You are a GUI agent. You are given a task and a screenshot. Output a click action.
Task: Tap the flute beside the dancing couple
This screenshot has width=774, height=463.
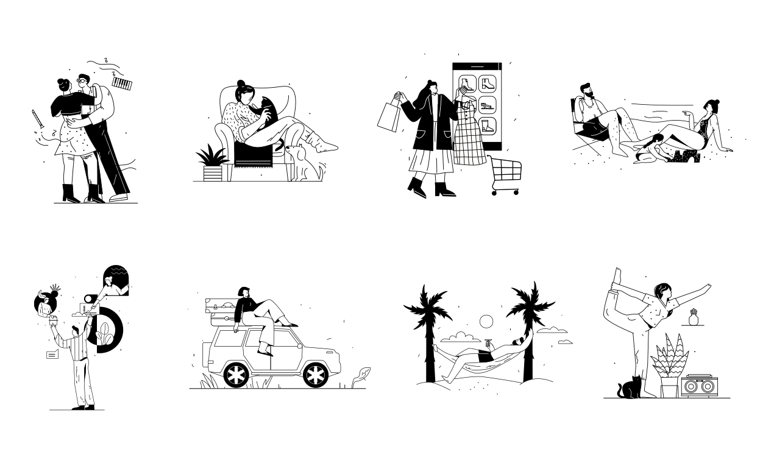pyautogui.click(x=38, y=118)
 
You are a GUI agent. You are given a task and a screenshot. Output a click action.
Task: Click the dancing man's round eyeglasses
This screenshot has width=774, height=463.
pyautogui.click(x=82, y=81)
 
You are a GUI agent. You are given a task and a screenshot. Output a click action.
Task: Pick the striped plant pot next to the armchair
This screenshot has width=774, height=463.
pyautogui.click(x=212, y=173)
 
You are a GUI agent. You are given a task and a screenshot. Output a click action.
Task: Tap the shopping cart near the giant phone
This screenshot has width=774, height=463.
pyautogui.click(x=505, y=176)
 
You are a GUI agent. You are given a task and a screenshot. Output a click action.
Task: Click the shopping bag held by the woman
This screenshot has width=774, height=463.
pyautogui.click(x=388, y=116)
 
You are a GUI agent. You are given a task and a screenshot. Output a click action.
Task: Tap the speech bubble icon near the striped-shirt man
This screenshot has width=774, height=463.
pyautogui.click(x=52, y=354)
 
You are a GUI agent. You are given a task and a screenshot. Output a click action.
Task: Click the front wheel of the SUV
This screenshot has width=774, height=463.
pyautogui.click(x=315, y=375)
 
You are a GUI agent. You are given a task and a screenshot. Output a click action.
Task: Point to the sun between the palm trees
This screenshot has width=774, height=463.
pyautogui.click(x=486, y=321)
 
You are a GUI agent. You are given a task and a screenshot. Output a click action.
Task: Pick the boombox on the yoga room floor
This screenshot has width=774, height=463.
pyautogui.click(x=698, y=386)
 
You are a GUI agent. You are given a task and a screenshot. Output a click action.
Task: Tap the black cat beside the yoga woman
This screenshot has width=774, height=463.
pyautogui.click(x=630, y=389)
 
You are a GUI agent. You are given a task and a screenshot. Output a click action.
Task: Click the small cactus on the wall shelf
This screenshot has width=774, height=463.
pyautogui.click(x=692, y=317)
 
